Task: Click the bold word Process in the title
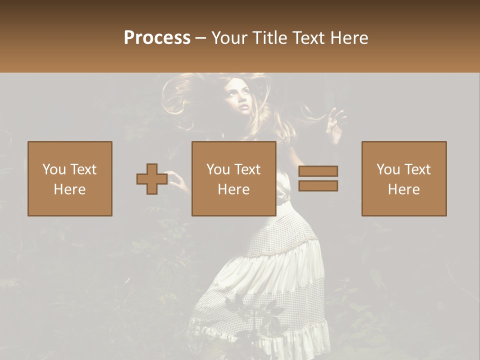157,38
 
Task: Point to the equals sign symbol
318,178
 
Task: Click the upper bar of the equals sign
318,171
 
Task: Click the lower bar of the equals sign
318,186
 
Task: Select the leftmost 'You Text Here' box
70,178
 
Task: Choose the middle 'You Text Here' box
234,178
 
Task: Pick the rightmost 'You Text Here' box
404,178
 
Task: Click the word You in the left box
54,169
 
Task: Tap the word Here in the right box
404,189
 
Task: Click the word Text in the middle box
247,169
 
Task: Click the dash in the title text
201,38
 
